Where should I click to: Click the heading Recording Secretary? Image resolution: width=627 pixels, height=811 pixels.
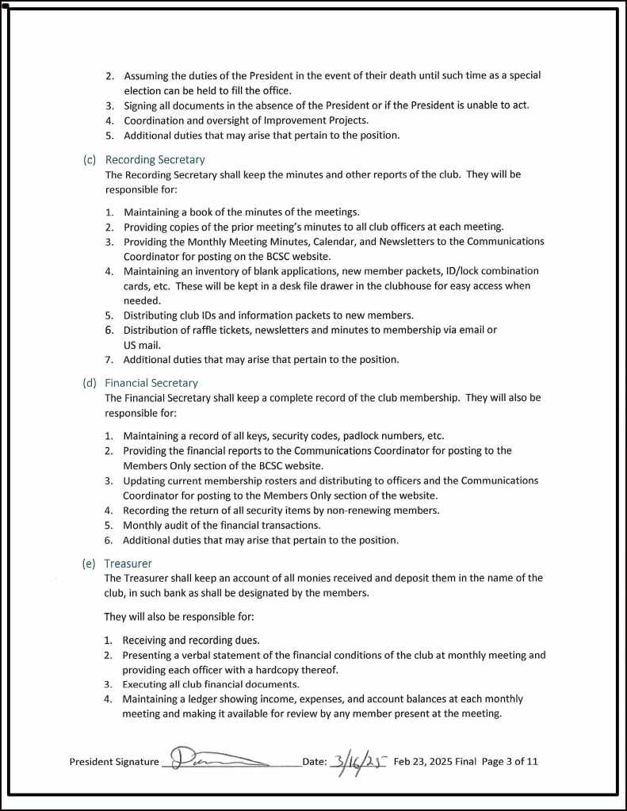pos(155,159)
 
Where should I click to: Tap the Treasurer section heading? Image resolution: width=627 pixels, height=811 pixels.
pos(128,564)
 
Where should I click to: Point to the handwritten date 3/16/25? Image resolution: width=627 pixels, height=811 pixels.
pos(357,761)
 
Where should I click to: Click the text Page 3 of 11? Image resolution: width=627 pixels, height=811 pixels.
pos(510,762)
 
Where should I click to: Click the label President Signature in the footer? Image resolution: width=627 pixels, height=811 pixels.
pos(114,762)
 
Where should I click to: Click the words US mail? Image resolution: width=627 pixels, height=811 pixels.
pos(143,345)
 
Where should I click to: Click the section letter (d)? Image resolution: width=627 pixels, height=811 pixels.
pos(90,383)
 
